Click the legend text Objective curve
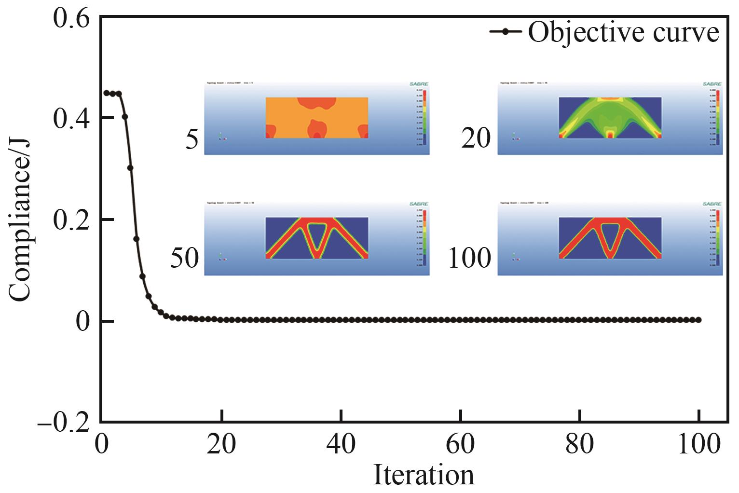(x=623, y=32)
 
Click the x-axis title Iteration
(x=424, y=476)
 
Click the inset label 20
(x=476, y=139)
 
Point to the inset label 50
(x=184, y=259)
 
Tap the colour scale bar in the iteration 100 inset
(x=717, y=238)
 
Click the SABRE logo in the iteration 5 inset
(x=418, y=84)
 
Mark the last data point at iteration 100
(x=698, y=320)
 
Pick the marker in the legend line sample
(x=505, y=32)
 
